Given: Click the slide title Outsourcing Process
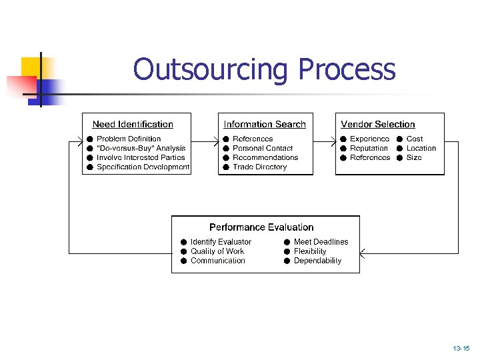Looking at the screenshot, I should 264,69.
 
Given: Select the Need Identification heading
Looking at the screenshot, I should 133,124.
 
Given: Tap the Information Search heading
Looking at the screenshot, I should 265,124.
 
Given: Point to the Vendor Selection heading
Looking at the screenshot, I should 378,124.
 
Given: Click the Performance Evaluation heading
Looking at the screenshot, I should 261,227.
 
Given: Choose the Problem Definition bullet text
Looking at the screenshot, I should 129,139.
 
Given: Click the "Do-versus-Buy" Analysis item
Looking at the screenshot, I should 141,148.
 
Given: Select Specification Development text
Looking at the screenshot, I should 143,167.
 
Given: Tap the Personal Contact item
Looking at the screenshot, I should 263,148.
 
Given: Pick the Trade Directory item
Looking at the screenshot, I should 259,167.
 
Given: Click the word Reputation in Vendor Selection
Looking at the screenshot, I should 369,148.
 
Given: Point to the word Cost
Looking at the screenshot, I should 415,139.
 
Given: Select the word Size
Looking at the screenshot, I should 414,157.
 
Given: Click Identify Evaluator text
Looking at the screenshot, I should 221,242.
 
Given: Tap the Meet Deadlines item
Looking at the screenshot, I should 321,242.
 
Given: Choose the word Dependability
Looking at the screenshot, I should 317,261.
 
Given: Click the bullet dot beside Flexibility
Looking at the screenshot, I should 286,251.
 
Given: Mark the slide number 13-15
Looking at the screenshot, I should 461,349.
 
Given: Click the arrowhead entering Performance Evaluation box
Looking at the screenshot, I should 363,253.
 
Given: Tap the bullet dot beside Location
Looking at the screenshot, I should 399,148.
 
